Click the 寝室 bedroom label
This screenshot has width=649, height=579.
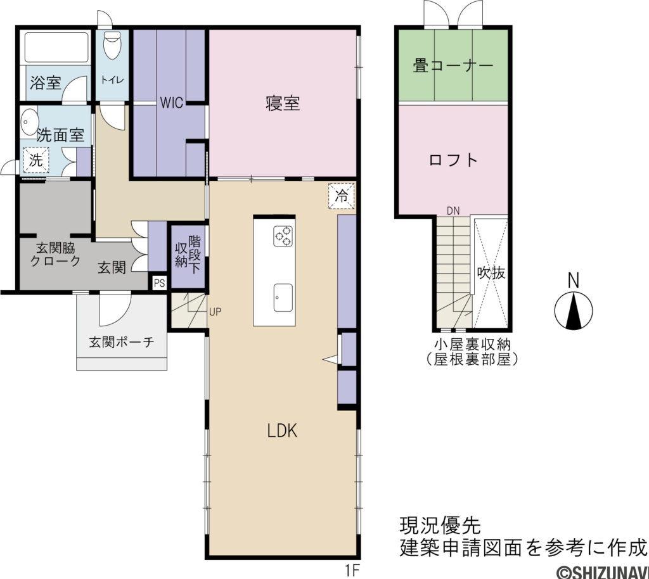tap(283, 103)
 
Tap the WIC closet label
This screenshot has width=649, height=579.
tap(171, 103)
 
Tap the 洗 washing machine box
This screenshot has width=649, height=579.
tap(36, 160)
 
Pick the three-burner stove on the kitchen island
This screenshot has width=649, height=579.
tap(283, 236)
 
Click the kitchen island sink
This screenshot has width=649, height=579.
tap(283, 297)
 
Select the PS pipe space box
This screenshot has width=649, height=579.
tap(158, 283)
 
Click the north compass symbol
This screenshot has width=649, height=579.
tap(574, 310)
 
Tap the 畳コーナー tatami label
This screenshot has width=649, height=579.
tap(453, 65)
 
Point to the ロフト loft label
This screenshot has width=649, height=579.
tap(453, 160)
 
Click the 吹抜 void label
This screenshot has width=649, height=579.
tap(491, 273)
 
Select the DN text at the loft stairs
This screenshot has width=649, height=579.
tap(453, 210)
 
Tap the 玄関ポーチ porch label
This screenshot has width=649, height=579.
tap(121, 343)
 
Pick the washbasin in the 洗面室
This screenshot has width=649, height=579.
tap(29, 120)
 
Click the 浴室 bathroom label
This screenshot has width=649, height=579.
tap(46, 82)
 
